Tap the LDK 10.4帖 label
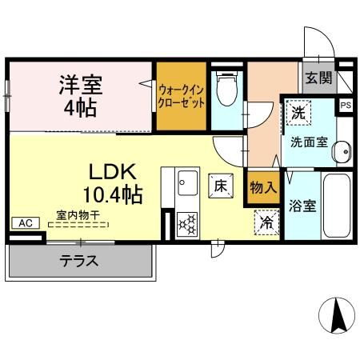point(110,182)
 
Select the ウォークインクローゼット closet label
point(181,96)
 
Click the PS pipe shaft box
point(346,105)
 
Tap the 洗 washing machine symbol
point(298,114)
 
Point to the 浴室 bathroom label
point(302,205)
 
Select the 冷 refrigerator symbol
point(266,222)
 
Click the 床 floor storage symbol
point(220,185)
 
